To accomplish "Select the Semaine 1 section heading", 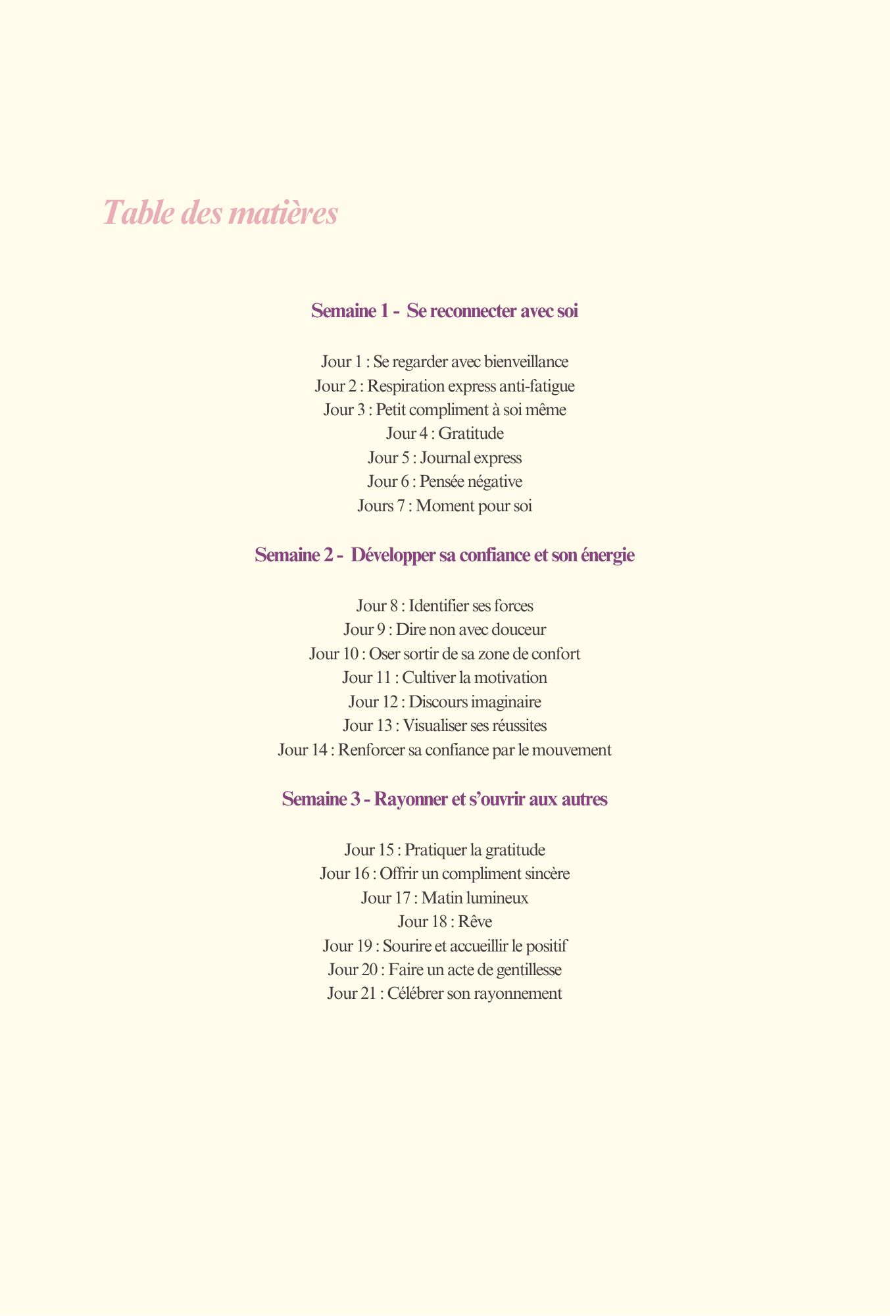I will tap(445, 311).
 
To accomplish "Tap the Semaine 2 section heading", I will tap(445, 555).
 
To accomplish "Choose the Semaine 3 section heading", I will tap(445, 799).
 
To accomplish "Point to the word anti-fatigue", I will tap(537, 386).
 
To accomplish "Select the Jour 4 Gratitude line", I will tap(445, 434).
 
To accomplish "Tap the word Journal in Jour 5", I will tap(445, 457).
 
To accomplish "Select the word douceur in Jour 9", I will tap(516, 630).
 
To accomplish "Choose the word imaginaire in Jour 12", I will tap(505, 702).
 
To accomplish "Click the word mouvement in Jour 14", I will tap(575, 750).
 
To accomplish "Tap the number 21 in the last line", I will tap(368, 994).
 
